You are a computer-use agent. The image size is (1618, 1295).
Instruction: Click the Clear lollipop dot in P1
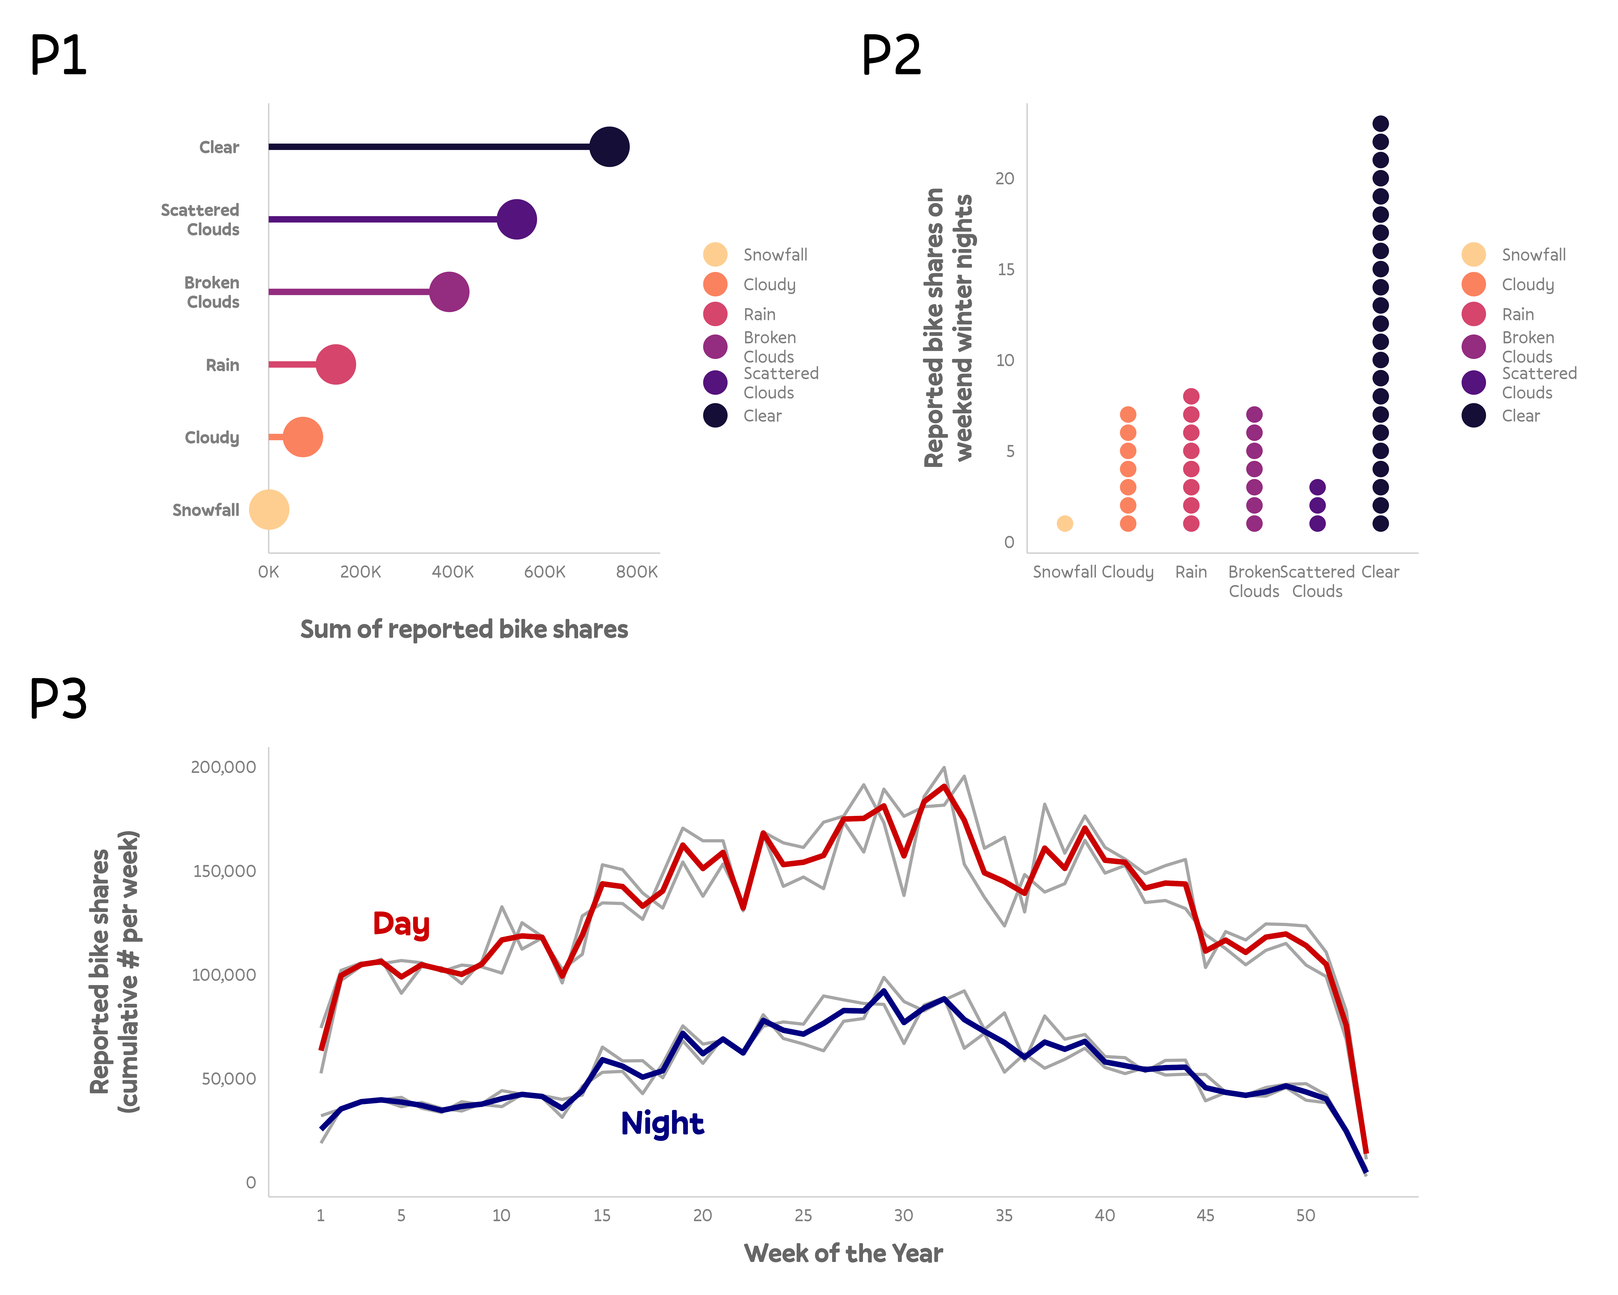(x=609, y=147)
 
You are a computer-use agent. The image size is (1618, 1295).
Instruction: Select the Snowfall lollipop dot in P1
(x=269, y=510)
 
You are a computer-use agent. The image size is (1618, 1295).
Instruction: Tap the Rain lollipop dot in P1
(x=335, y=365)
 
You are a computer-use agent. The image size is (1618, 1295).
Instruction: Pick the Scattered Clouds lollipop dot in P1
(x=516, y=219)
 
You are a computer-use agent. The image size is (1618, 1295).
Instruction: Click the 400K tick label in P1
(x=453, y=572)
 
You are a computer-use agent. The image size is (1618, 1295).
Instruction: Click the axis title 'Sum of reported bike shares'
(x=464, y=629)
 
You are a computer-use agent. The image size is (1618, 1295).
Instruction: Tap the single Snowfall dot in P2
(x=1064, y=523)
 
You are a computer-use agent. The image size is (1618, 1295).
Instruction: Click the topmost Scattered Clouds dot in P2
(x=1317, y=487)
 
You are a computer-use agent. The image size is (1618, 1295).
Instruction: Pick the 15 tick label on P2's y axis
(x=1006, y=270)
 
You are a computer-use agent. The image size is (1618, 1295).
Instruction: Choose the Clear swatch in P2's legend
(x=1473, y=415)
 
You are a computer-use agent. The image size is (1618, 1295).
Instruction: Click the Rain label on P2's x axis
(x=1191, y=572)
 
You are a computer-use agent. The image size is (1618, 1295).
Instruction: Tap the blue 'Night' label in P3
(x=662, y=1123)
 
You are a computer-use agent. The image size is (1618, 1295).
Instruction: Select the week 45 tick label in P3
(x=1205, y=1215)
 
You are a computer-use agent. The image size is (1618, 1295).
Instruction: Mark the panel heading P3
(x=58, y=698)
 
